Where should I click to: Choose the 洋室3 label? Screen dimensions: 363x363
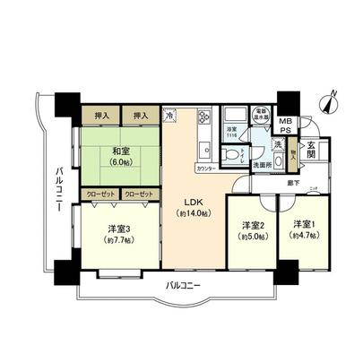click(118, 229)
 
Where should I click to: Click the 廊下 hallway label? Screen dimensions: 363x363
click(271, 183)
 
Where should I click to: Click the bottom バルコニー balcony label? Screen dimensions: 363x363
click(182, 285)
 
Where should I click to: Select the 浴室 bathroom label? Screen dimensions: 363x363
click(232, 131)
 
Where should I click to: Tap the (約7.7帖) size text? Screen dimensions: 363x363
click(118, 239)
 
